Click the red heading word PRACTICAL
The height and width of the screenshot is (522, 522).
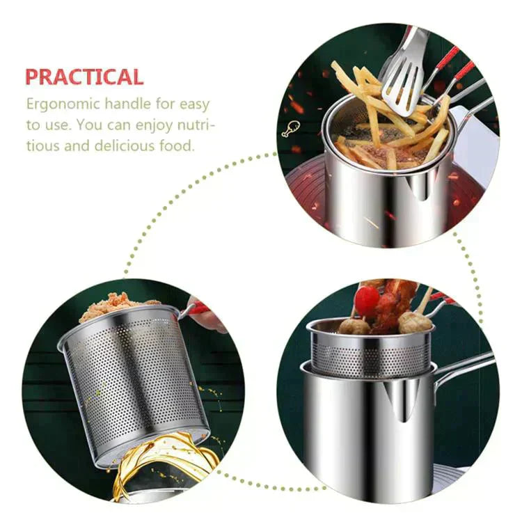tap(84, 76)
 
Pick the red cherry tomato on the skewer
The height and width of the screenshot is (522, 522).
tap(367, 300)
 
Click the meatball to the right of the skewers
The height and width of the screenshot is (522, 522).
tap(413, 322)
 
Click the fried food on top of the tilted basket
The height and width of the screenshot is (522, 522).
tap(113, 306)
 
